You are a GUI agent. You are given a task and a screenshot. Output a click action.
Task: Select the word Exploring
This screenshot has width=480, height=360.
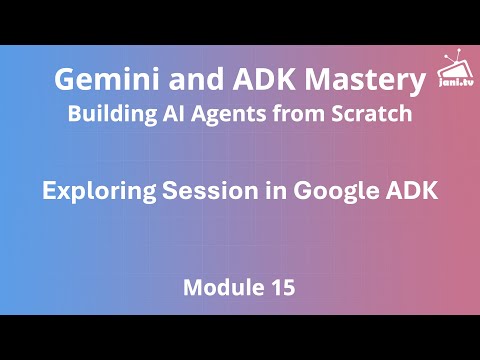tap(92, 191)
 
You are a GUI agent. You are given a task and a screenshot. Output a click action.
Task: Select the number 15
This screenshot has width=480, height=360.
tap(282, 289)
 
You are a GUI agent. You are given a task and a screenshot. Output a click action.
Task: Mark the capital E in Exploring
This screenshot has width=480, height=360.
tap(48, 191)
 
